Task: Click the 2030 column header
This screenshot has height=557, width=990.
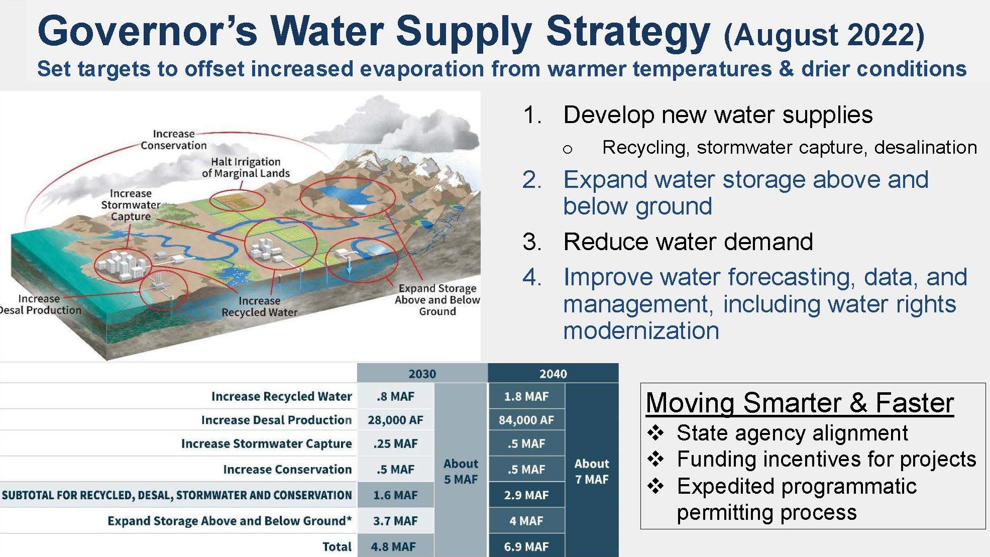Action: point(422,374)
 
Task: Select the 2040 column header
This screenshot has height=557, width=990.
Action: point(553,374)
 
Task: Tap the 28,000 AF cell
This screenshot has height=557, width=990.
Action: point(395,420)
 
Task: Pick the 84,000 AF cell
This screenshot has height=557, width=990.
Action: point(526,420)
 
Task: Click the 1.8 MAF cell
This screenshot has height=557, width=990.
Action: point(526,396)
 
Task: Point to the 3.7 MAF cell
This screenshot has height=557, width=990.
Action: point(395,521)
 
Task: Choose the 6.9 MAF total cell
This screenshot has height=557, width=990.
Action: point(526,546)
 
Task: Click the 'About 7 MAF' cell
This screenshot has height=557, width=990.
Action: point(592,471)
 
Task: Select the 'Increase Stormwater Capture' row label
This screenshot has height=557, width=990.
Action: point(267,443)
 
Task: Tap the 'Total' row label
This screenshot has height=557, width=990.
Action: point(337,546)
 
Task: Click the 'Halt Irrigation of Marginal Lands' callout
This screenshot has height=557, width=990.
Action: point(246,167)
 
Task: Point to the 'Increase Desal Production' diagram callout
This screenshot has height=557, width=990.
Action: point(40,304)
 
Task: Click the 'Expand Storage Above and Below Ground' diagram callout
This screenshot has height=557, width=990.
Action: point(437,300)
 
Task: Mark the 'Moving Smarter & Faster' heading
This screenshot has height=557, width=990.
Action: point(800,403)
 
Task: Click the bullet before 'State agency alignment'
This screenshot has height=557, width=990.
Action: point(655,432)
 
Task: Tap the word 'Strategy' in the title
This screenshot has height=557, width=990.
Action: point(628,32)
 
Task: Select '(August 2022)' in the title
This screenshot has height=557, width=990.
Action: point(824,35)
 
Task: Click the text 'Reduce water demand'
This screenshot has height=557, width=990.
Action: point(688,242)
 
